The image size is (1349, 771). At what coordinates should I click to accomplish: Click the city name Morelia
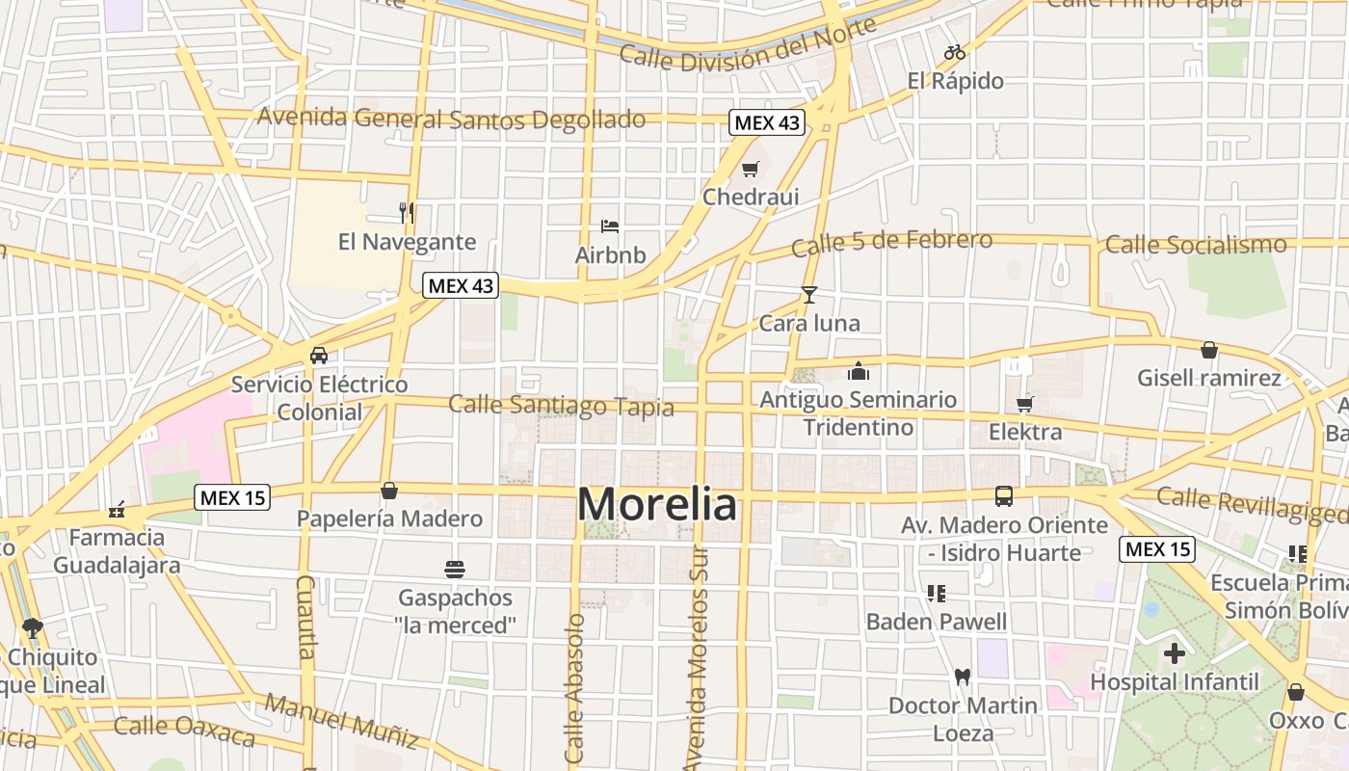click(657, 504)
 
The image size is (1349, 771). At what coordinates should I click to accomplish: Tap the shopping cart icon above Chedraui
click(751, 170)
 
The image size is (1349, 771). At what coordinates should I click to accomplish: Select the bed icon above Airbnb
click(610, 226)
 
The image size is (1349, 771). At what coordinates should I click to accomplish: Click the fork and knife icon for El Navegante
click(407, 212)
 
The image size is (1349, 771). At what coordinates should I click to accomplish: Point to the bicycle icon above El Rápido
click(955, 52)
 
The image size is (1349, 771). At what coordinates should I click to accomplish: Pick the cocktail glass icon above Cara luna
click(809, 295)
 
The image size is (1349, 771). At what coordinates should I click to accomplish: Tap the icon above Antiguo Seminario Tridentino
click(858, 370)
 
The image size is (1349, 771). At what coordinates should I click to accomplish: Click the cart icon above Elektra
click(1025, 404)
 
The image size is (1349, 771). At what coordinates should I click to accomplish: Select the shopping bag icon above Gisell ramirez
click(1209, 350)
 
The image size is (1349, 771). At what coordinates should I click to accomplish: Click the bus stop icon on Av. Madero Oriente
click(1004, 496)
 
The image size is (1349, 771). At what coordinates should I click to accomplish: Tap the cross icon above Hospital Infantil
click(1174, 653)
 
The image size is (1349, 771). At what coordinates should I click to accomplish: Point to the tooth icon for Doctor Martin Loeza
click(962, 677)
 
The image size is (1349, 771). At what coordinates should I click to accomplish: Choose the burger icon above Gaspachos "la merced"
click(455, 569)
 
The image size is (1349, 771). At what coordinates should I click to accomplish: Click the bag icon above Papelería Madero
click(389, 491)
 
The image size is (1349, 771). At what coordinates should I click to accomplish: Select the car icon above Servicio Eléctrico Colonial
click(319, 356)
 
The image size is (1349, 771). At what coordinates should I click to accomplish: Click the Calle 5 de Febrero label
click(891, 242)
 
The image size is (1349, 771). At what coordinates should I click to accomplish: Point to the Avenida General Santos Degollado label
click(451, 119)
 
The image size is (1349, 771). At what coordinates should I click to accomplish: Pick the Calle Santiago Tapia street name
click(561, 405)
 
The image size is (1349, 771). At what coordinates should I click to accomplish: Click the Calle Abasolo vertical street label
click(575, 688)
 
